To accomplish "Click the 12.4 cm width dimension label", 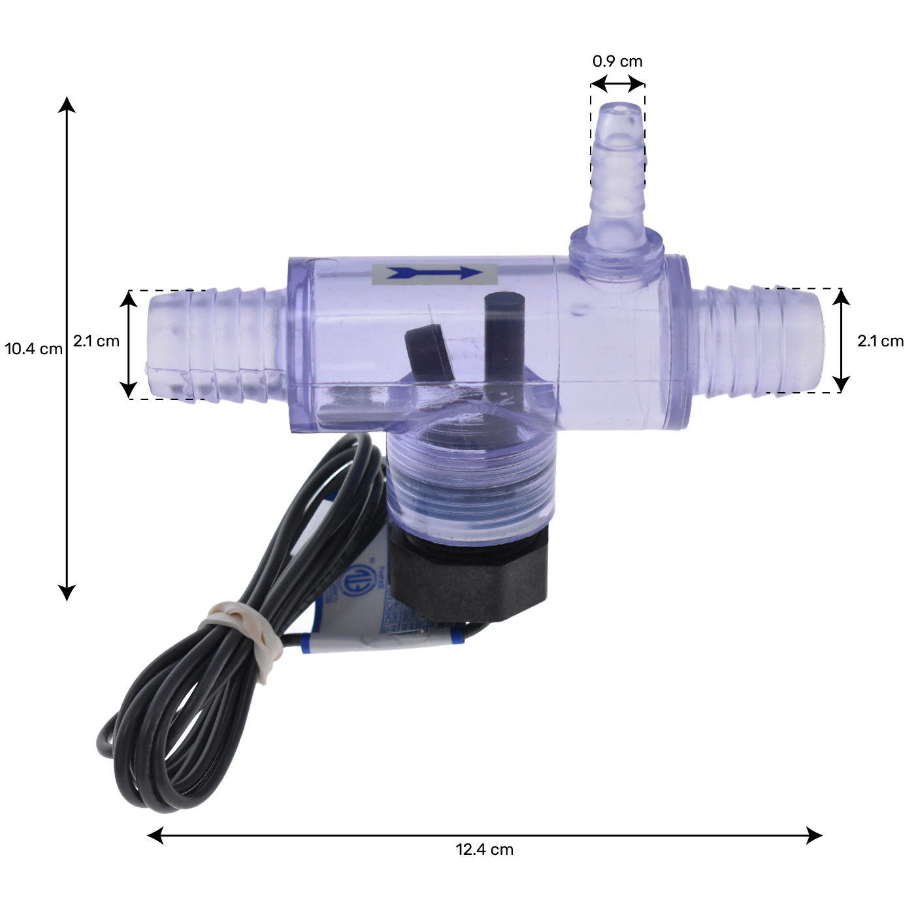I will (484, 850).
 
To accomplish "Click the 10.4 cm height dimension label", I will (34, 348).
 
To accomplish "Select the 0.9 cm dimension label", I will (617, 61).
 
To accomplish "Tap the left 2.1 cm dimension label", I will (96, 341).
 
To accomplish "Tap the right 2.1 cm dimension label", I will (880, 341).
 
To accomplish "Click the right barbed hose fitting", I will (758, 340).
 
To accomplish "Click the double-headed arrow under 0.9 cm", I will (617, 84).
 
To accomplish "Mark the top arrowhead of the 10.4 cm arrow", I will (67, 105).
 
